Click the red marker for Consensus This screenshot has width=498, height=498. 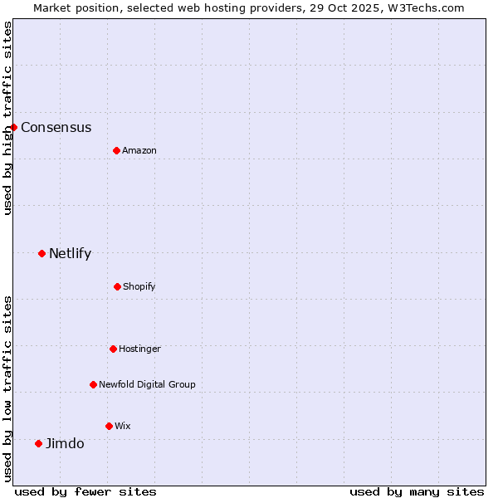point(14,127)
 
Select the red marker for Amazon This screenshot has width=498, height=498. point(116,150)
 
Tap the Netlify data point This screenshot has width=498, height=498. point(41,253)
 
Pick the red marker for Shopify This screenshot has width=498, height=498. point(117,286)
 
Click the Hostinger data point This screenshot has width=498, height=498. point(113,349)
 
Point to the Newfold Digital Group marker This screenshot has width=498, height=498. point(93,384)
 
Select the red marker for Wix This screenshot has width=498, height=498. point(109,426)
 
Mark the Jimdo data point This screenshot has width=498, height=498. point(38,443)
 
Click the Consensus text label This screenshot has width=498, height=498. point(56,127)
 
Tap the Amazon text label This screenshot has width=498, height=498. point(139,150)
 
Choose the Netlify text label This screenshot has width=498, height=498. point(70,253)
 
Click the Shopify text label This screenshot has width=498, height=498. point(139,286)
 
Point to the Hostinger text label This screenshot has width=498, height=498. point(139,349)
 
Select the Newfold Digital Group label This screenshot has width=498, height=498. point(147,384)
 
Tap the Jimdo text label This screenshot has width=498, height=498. point(65,443)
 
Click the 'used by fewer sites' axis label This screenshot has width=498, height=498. point(85,491)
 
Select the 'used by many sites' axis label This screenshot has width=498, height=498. point(417,491)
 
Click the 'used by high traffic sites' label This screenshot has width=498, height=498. point(7,118)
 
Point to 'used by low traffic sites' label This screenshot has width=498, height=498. point(7,388)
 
